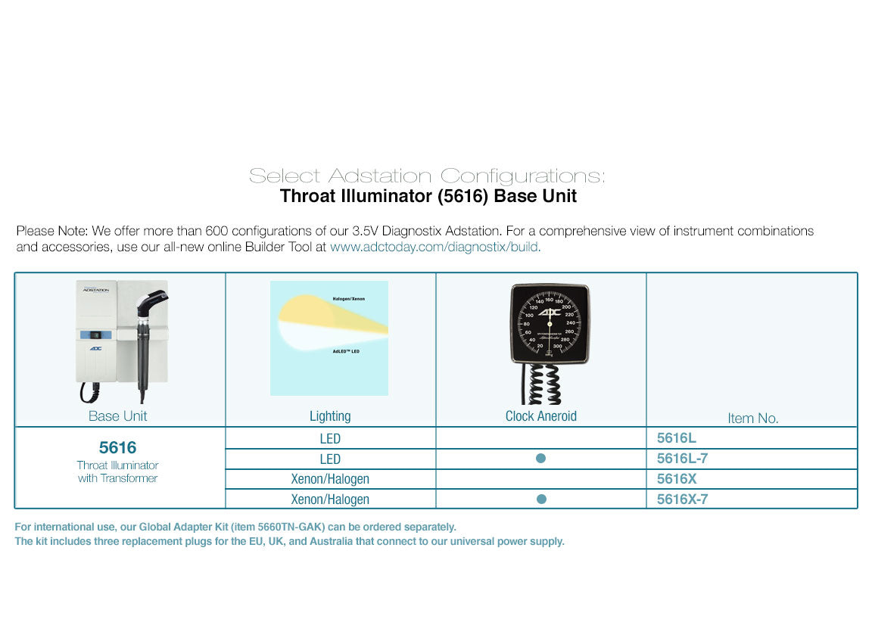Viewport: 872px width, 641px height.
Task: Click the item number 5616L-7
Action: tap(682, 459)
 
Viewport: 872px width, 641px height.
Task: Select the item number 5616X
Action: tap(676, 479)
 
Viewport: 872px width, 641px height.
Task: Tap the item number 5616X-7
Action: tap(682, 499)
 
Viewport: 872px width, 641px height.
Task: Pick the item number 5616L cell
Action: tap(676, 438)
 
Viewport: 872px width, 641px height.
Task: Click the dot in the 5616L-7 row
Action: tap(540, 459)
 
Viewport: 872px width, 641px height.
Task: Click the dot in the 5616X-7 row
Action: tap(540, 499)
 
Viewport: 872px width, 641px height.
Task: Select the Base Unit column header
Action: tap(118, 415)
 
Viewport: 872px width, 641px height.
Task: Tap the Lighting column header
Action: tap(330, 415)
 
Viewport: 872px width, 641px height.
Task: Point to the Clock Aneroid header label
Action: tap(540, 415)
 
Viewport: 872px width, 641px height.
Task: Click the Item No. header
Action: tap(752, 418)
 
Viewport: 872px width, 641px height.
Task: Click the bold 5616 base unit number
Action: tap(118, 448)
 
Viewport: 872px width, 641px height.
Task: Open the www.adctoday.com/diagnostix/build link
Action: tap(435, 247)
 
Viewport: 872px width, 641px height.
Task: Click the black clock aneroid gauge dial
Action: tap(550, 323)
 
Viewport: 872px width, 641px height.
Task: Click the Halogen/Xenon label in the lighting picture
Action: tap(348, 299)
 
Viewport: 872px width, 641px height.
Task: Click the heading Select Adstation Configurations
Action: tap(427, 176)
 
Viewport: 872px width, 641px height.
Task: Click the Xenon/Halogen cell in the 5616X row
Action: tap(330, 479)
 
